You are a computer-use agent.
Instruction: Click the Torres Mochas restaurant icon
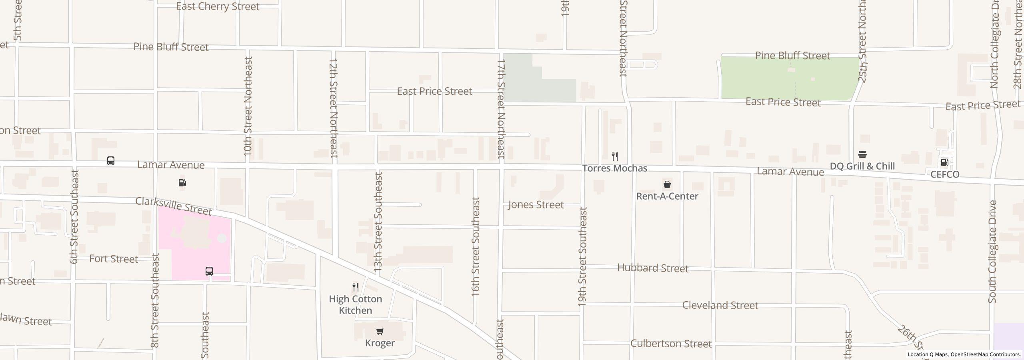pos(615,156)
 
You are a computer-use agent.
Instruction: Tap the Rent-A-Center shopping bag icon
pos(667,184)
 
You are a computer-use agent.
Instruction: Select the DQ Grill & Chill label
pos(862,166)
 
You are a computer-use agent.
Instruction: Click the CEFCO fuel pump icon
pos(944,162)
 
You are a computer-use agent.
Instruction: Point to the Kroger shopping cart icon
pos(380,331)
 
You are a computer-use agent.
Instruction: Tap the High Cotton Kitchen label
pos(355,305)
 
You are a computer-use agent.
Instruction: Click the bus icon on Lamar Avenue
pos(111,161)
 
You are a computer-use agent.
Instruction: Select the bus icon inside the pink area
pos(209,271)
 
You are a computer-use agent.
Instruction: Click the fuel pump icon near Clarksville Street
pos(182,183)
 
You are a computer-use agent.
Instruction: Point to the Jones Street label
pos(536,205)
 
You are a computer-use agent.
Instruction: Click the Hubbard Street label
pos(653,268)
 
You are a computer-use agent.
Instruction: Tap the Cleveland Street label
pos(720,305)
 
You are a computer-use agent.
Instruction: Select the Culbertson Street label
pos(671,344)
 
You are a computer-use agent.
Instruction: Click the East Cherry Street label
pos(218,6)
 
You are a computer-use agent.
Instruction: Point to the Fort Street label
pos(114,259)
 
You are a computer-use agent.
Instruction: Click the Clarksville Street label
pos(173,206)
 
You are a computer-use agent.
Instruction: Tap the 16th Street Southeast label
pos(475,246)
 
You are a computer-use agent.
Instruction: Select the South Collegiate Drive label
pos(992,252)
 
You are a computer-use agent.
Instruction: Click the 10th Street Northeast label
pos(248,106)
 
